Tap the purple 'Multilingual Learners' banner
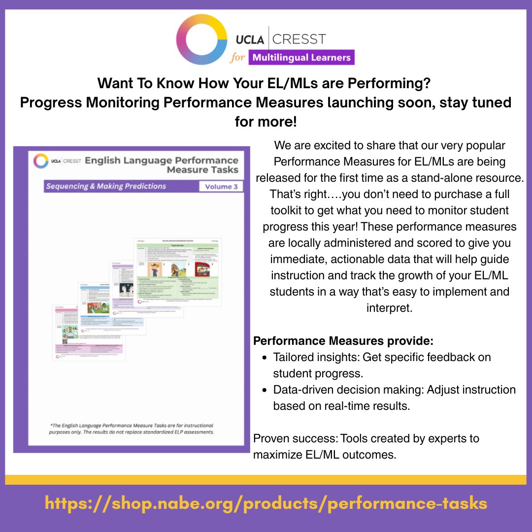coord(301,57)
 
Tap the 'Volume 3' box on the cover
coord(221,187)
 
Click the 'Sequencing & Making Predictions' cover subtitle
coord(106,186)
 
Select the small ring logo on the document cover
coord(41,161)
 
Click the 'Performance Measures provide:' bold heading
coord(343,341)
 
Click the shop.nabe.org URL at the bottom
coord(266,503)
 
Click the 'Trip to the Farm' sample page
coord(178,268)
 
